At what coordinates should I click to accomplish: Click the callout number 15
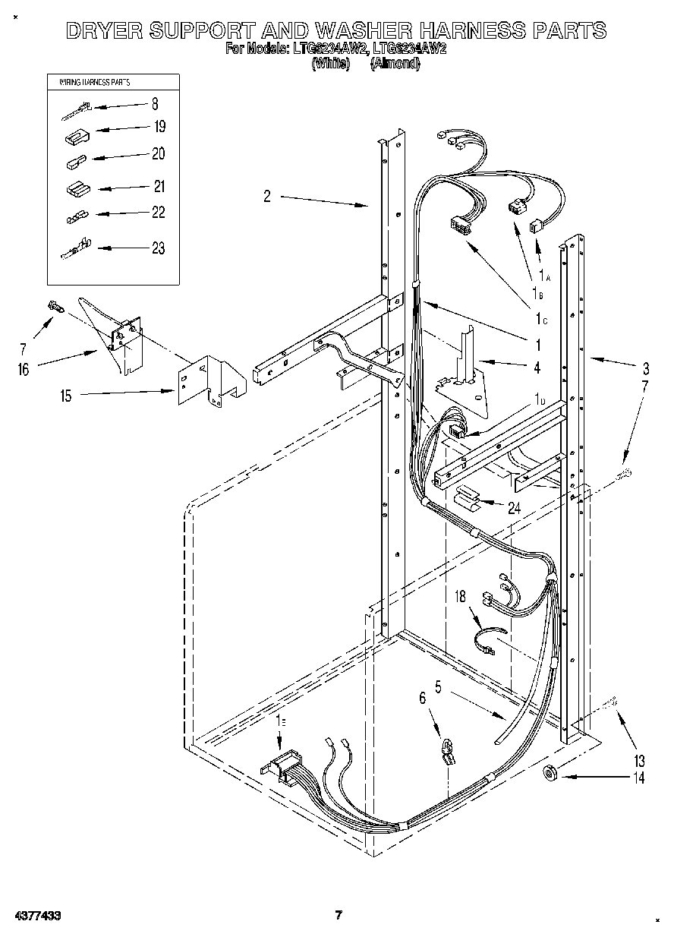67,396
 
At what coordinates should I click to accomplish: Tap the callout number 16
24,369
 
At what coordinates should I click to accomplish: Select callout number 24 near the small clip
514,508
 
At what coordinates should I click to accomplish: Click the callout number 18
460,597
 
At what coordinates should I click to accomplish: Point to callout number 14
638,778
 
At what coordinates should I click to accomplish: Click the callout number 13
638,760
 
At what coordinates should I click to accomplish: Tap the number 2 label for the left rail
267,197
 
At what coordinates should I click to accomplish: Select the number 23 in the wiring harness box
157,248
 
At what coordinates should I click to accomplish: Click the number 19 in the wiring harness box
159,127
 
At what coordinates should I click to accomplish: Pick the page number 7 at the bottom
339,915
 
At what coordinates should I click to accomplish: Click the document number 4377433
36,916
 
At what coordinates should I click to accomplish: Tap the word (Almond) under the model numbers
395,64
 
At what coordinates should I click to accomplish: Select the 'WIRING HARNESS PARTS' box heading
89,82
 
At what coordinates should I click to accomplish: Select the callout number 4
537,368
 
